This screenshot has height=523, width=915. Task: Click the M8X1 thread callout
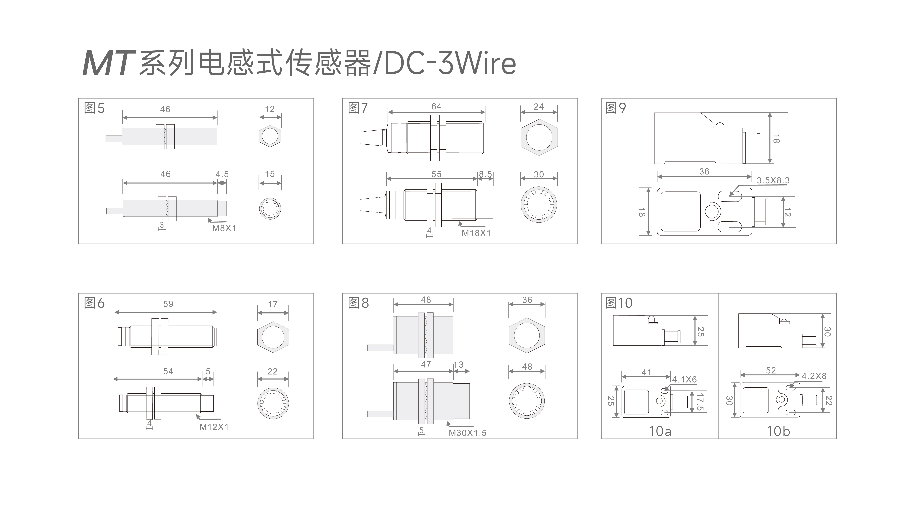coord(224,228)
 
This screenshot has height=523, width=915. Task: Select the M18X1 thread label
coord(476,233)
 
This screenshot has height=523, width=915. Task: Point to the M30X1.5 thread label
coord(467,433)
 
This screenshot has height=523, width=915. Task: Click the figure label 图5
coord(94,108)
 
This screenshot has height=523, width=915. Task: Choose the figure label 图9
coord(615,108)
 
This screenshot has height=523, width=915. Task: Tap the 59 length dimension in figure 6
coord(168,304)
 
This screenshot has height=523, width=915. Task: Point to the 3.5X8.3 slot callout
coord(773,180)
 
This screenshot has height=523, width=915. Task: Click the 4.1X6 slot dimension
coord(684,380)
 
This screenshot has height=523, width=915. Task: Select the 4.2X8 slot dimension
coord(814,376)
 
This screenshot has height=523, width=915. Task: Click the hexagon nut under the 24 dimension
coord(539,138)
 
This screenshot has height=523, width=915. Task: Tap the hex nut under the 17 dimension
coord(273,337)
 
